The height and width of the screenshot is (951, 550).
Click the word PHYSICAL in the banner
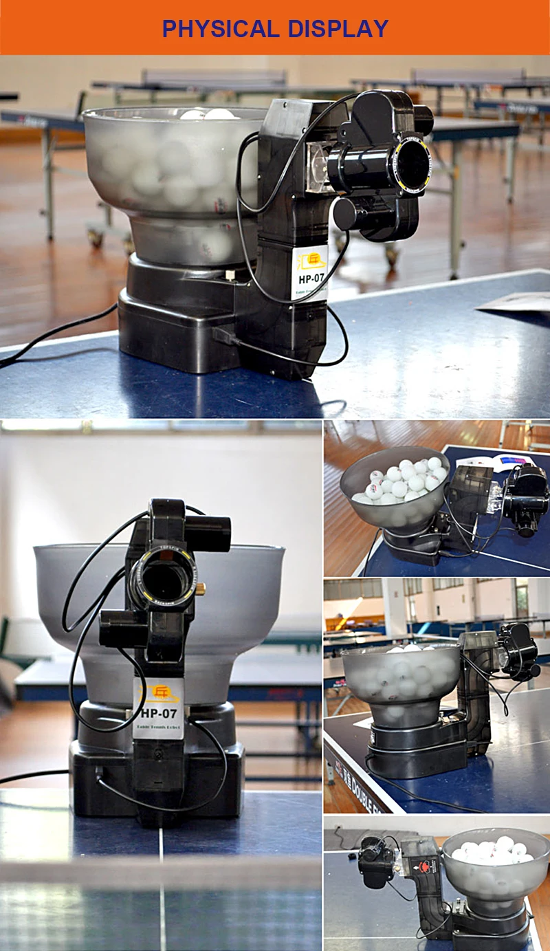(x=218, y=28)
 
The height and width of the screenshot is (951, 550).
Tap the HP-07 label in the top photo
(x=310, y=272)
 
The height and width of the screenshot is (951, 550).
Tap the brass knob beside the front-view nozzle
(x=201, y=588)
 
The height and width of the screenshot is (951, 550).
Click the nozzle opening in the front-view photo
(x=163, y=580)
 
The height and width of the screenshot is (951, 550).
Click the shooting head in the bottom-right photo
(x=375, y=860)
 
